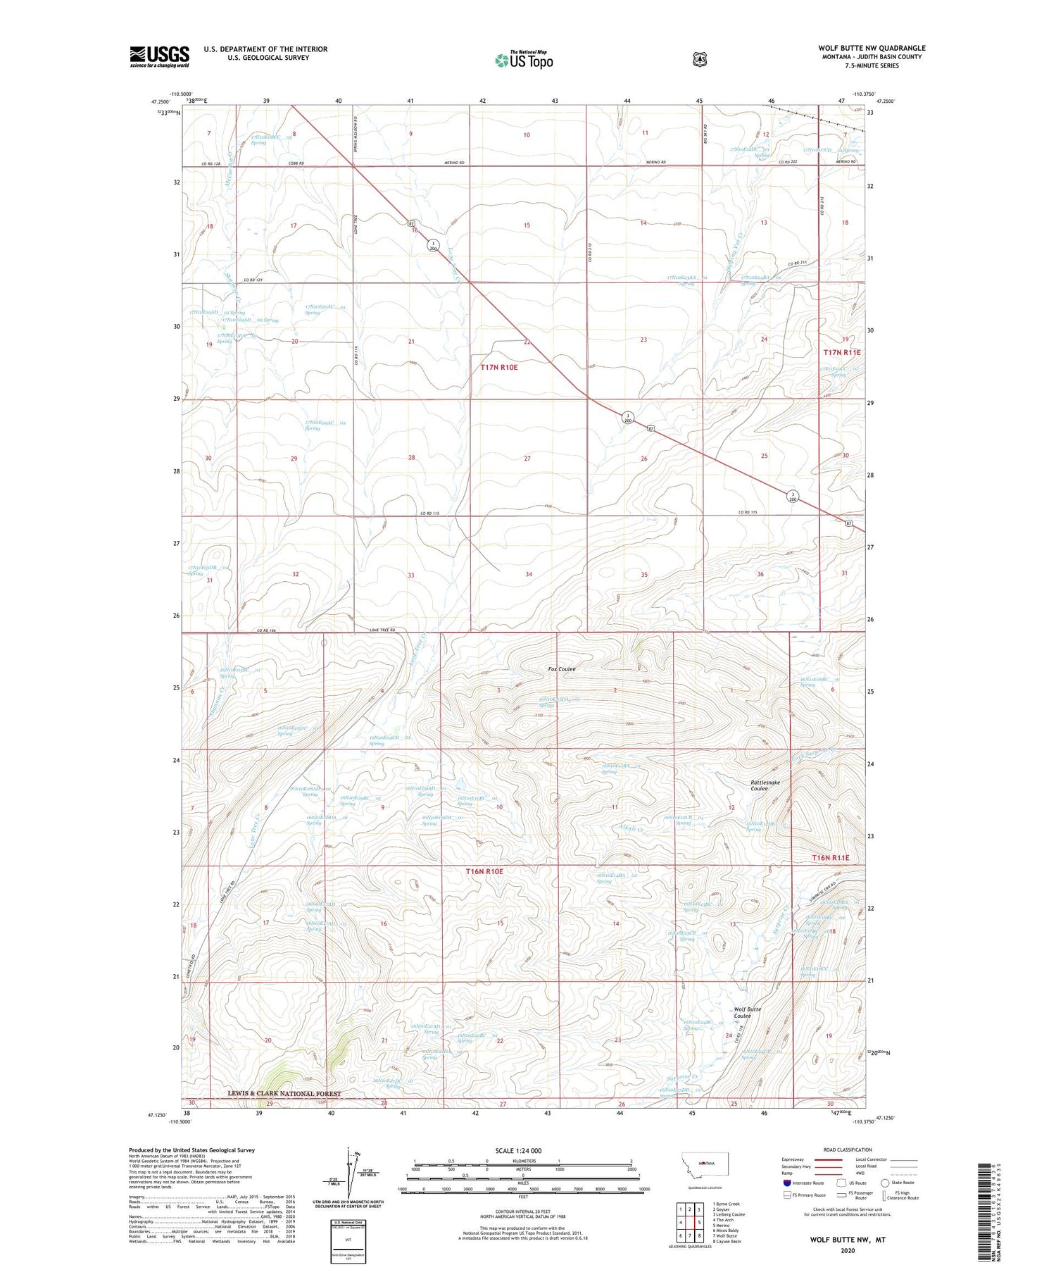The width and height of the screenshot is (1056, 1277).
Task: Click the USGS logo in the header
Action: pyautogui.click(x=159, y=56)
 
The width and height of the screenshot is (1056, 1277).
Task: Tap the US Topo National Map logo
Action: pyautogui.click(x=524, y=60)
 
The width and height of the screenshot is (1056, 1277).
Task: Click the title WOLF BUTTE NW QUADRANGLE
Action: pyautogui.click(x=872, y=48)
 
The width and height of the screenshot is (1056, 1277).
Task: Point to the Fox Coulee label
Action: pyautogui.click(x=562, y=668)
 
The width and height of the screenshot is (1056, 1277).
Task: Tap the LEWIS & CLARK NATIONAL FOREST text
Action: pyautogui.click(x=284, y=1094)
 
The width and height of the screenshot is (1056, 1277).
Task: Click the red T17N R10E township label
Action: pyautogui.click(x=498, y=367)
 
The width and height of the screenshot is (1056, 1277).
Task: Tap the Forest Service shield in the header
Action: pyautogui.click(x=699, y=60)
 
